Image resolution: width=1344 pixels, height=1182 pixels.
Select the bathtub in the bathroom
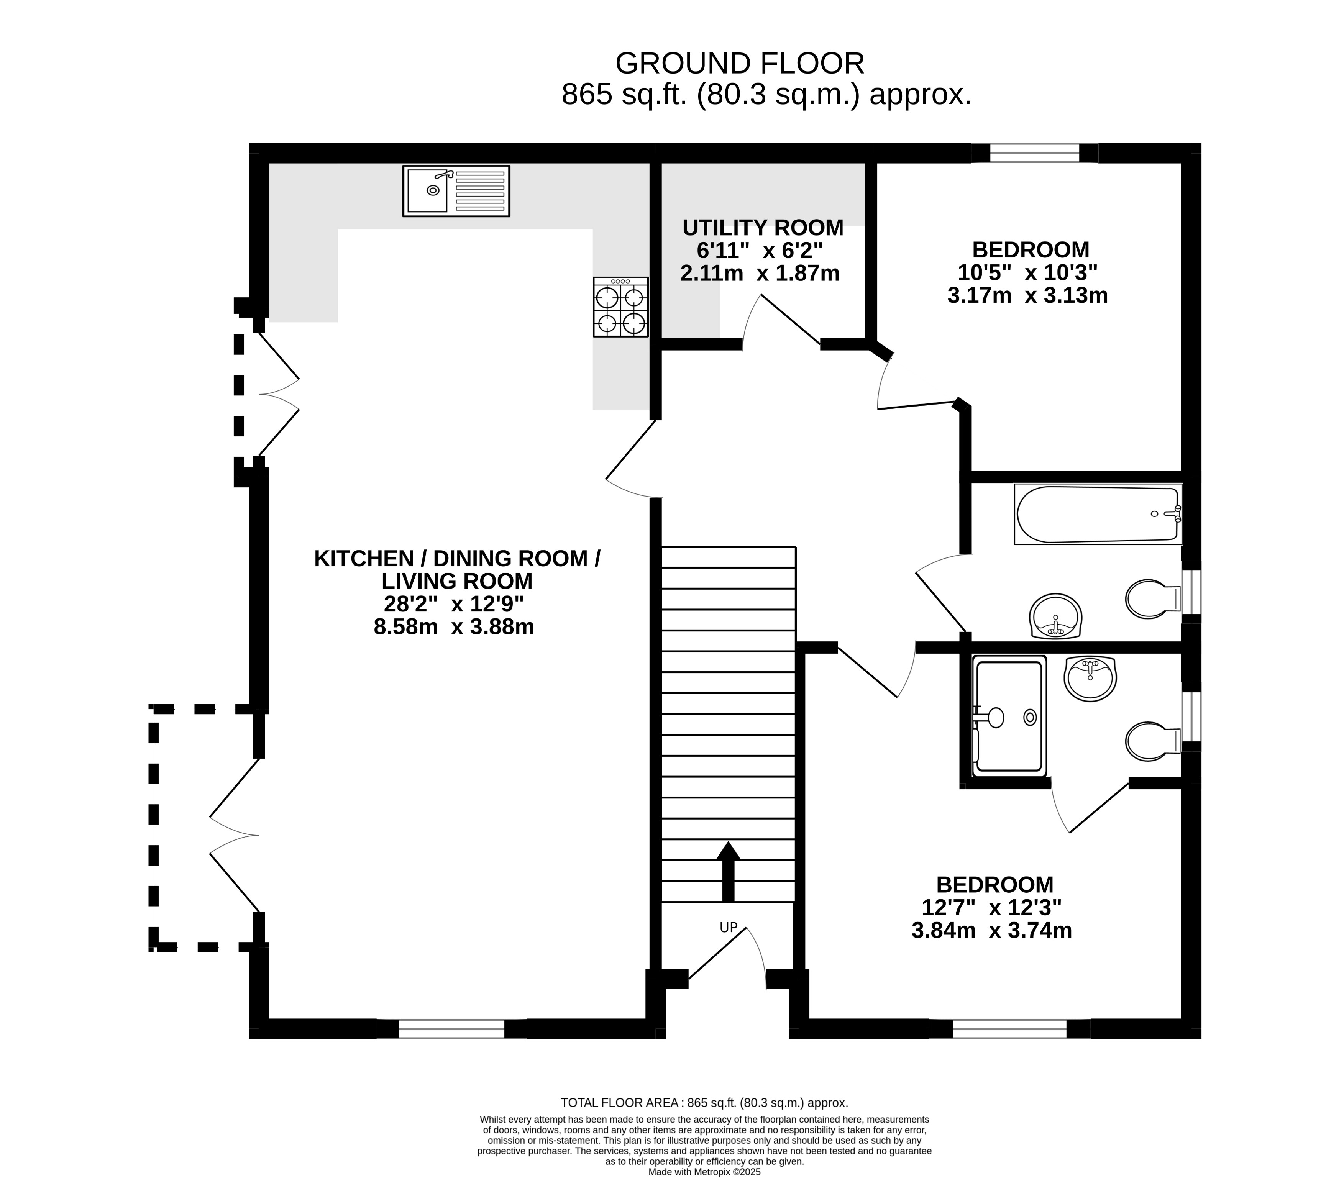tap(1098, 514)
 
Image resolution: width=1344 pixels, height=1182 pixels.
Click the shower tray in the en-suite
tap(1009, 716)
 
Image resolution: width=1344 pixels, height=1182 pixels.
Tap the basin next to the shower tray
tap(1090, 678)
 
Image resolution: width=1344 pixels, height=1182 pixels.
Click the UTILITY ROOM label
tap(762, 228)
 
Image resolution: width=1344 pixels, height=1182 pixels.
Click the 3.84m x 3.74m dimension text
tap(991, 931)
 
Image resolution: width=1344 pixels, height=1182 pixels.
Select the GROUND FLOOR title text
tap(739, 64)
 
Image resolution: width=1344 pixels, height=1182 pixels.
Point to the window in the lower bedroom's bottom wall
tap(1009, 1029)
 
